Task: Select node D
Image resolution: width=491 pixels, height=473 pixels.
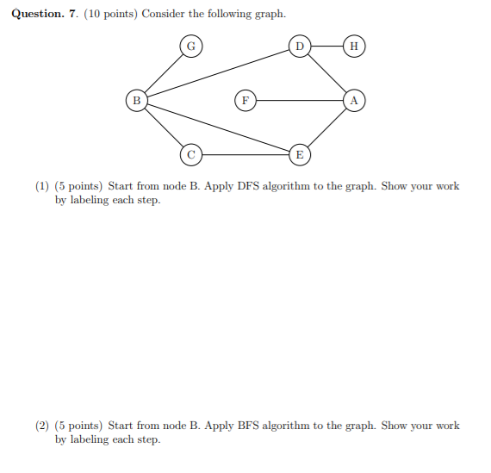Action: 299,46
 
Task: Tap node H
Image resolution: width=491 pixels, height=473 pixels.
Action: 353,46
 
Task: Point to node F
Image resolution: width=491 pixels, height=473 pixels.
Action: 245,100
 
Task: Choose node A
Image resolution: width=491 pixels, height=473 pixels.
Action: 353,100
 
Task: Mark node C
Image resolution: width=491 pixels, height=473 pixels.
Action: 190,154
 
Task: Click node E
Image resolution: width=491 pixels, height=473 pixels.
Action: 299,154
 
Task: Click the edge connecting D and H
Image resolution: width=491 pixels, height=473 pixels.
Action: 326,46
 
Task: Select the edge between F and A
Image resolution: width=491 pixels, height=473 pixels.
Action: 299,100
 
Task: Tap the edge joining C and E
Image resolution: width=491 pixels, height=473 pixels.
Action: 245,154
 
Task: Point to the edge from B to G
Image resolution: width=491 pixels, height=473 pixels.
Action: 163,73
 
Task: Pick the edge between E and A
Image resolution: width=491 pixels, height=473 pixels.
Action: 326,128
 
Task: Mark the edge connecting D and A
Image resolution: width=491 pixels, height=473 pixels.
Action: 326,73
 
